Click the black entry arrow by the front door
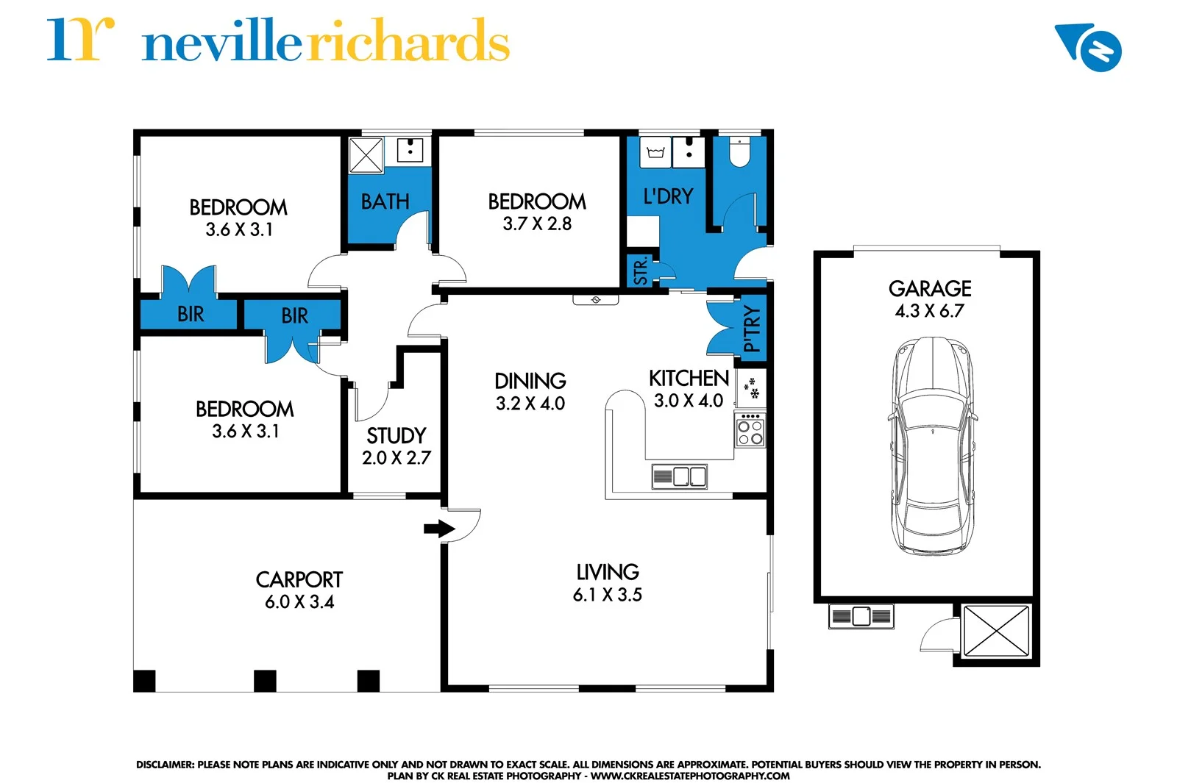point(439,529)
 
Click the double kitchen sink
point(680,476)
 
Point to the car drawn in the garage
point(932,446)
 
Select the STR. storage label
point(641,271)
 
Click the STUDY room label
point(396,435)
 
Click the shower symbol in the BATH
point(366,155)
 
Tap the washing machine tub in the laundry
point(655,152)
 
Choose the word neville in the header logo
point(221,43)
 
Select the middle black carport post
point(265,681)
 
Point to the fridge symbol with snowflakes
point(751,388)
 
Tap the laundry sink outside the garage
point(861,615)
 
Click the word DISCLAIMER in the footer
point(165,765)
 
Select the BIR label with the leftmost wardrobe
point(191,315)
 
